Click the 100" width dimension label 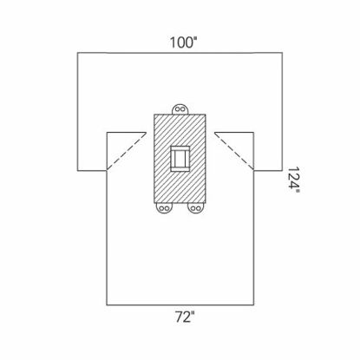click(180, 40)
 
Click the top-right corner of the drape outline click(284, 54)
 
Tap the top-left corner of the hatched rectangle click(154, 114)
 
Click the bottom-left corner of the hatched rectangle click(154, 203)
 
